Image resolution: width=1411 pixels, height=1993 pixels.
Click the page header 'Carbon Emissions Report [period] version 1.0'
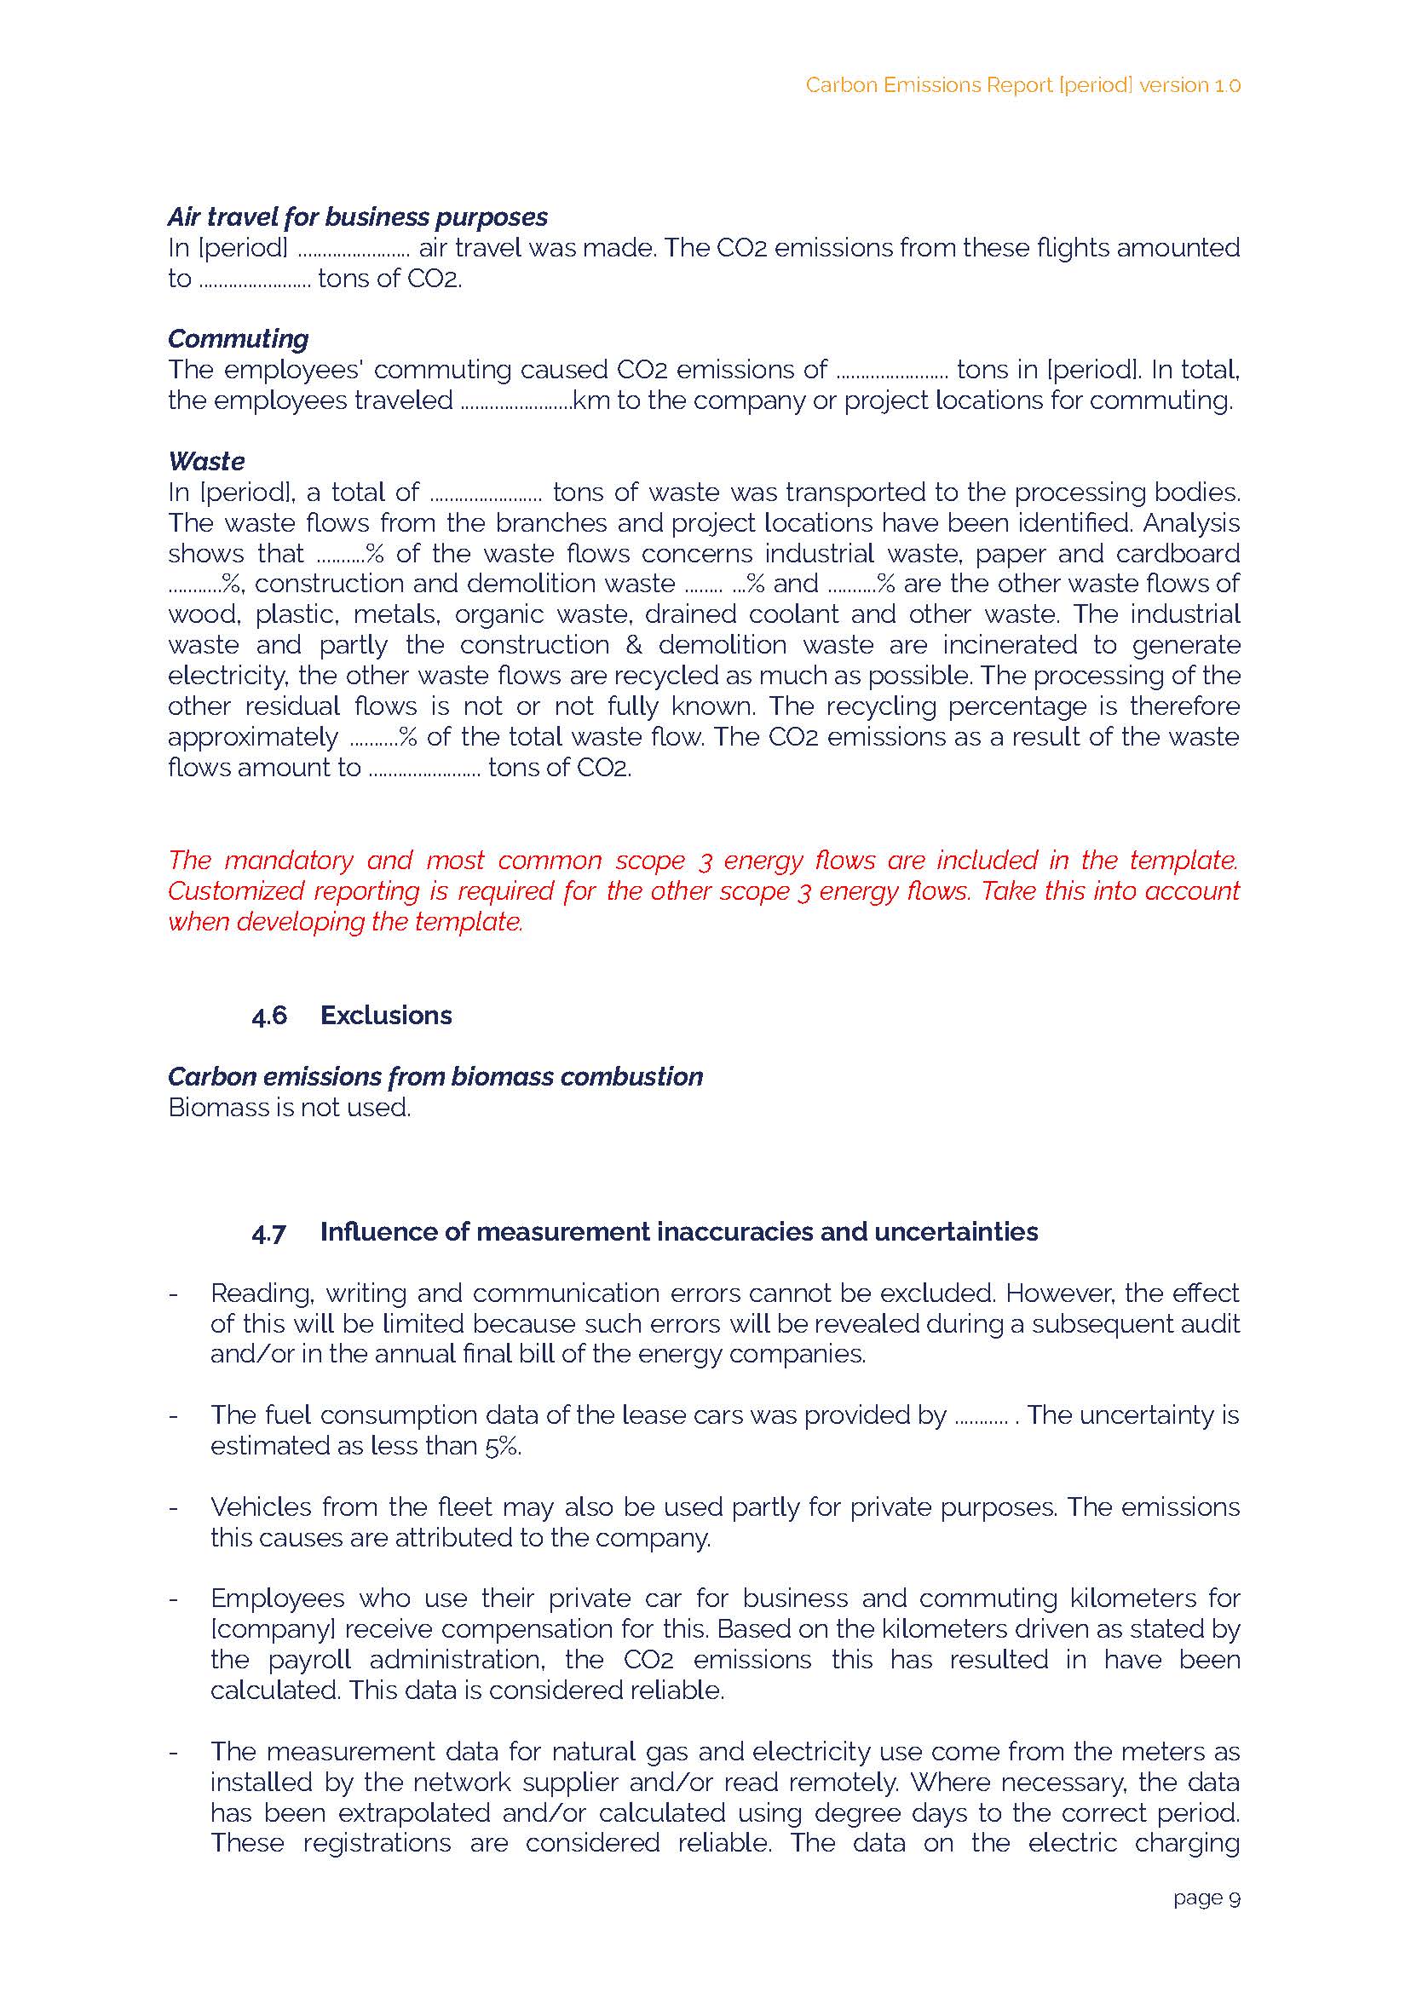click(x=1022, y=85)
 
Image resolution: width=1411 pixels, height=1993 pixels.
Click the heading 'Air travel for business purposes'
click(x=357, y=216)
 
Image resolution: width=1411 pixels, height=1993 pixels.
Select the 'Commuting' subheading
click(x=238, y=338)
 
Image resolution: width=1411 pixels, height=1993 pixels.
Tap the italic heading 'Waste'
click(x=206, y=460)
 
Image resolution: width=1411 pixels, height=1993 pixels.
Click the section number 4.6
click(x=269, y=1016)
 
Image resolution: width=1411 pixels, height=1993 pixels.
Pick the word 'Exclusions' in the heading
click(x=386, y=1016)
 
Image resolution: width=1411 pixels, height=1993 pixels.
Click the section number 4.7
click(x=269, y=1232)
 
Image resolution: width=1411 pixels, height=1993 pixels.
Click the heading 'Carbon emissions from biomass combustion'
click(x=435, y=1076)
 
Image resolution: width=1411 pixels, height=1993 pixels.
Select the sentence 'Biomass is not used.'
click(x=290, y=1108)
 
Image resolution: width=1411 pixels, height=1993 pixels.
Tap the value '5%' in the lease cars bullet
click(x=503, y=1446)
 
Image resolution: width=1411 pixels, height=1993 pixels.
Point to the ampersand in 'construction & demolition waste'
click(x=633, y=645)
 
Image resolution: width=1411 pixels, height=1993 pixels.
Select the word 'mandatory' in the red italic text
click(x=289, y=860)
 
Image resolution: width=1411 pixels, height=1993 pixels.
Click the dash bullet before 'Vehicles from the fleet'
click(x=174, y=1507)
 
